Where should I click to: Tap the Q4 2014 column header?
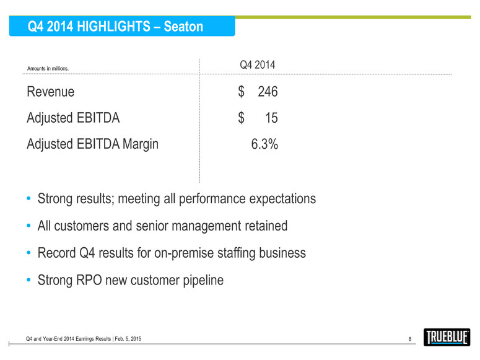pos(257,64)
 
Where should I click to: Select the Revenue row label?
pos(51,92)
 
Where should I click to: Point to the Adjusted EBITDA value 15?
pos(271,118)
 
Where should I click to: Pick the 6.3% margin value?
pos(264,144)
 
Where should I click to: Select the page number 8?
pos(411,338)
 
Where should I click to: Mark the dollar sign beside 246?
pos(242,92)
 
